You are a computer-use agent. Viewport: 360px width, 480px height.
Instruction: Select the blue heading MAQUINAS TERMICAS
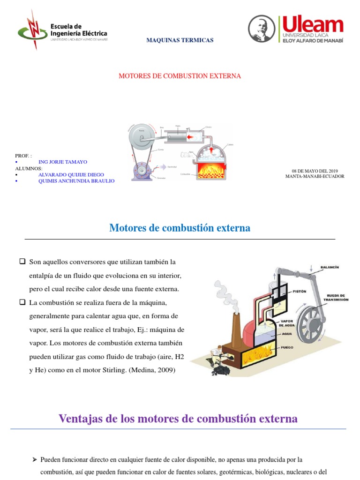(180, 40)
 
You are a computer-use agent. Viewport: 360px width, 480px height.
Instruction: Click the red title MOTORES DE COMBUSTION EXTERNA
(180, 76)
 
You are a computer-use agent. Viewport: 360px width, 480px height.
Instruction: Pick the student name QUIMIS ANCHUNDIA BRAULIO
(76, 181)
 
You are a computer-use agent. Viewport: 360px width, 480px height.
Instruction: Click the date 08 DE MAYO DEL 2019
(315, 171)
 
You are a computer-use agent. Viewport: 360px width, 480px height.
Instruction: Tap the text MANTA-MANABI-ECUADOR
(315, 177)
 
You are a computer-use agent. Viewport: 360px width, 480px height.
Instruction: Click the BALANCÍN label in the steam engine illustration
(329, 267)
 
